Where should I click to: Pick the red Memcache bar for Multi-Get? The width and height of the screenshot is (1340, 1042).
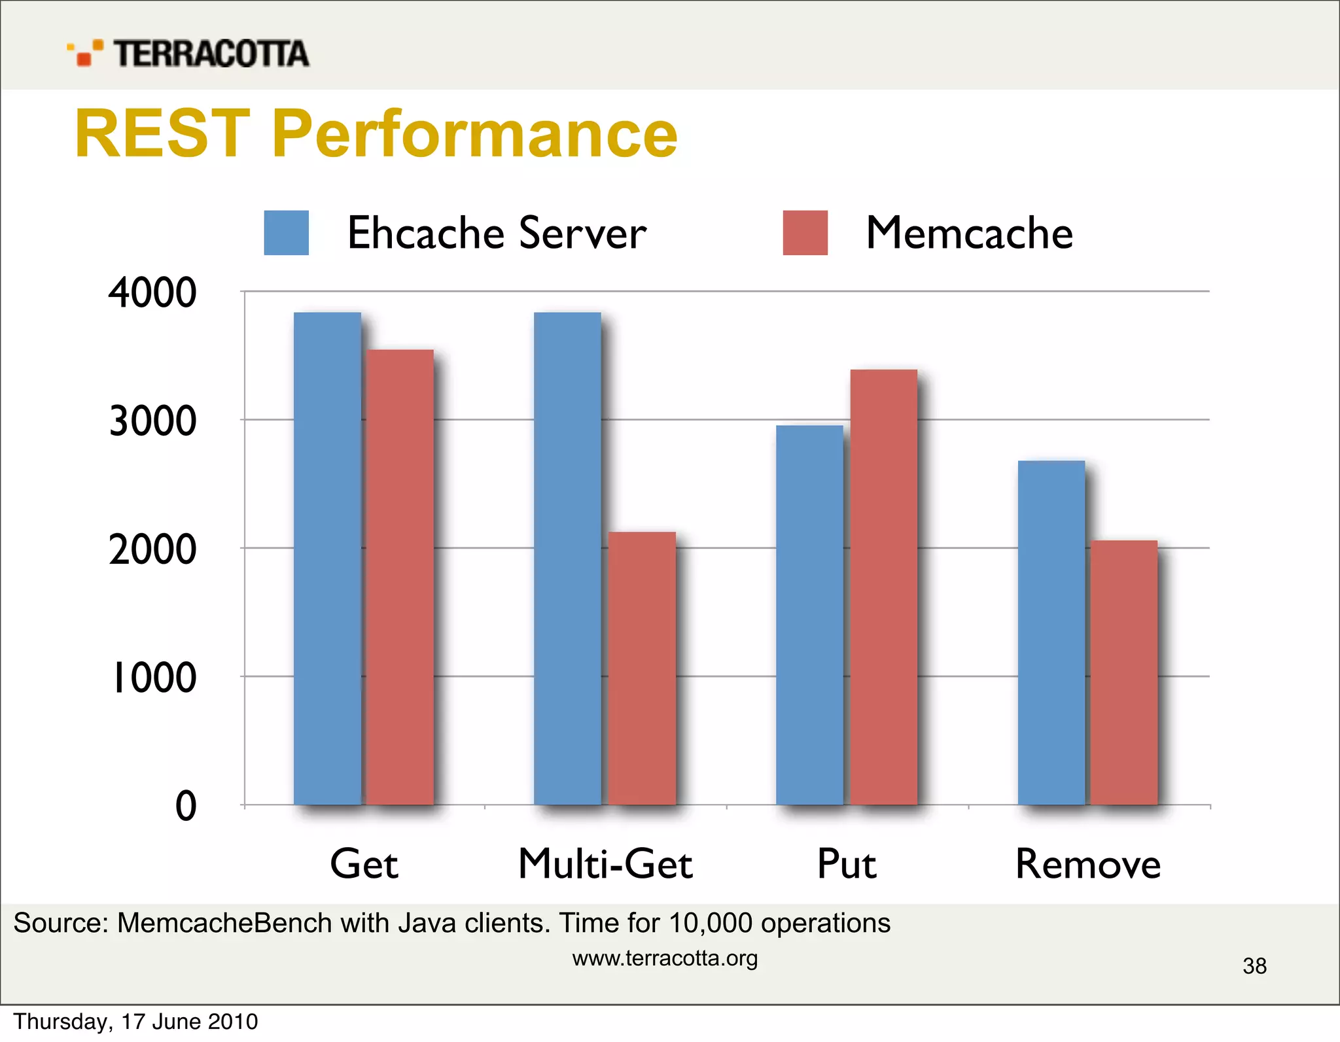642,668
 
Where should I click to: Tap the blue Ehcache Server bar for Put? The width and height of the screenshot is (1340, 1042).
809,615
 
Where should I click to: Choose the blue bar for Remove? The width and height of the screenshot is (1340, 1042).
1051,633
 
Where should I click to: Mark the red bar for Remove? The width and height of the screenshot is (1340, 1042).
1123,672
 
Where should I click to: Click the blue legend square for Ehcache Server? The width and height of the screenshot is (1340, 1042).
286,233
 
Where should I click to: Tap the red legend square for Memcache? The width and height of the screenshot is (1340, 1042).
805,233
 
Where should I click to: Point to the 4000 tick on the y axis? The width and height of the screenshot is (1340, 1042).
152,292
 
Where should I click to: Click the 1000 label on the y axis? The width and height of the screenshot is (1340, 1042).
153,677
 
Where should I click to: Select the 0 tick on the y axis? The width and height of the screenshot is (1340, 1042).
186,806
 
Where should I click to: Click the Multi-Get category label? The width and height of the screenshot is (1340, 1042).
605,864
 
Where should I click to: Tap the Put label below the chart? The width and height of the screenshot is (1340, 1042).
846,864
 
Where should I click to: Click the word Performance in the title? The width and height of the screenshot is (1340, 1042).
474,134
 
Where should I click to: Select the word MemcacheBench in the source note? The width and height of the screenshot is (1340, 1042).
224,923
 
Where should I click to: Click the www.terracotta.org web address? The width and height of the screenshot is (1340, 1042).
665,958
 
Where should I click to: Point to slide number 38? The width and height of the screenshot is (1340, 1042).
1254,965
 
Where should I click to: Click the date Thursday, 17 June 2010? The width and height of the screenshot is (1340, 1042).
135,1022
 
